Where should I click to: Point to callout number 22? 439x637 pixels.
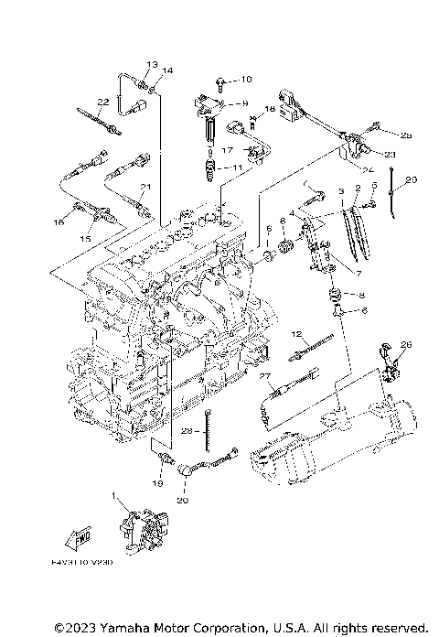(x=103, y=101)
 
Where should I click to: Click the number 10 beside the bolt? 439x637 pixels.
(x=246, y=80)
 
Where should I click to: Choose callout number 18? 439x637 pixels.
(x=270, y=109)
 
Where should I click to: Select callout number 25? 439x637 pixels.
(x=407, y=135)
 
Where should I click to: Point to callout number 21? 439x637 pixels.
(x=144, y=187)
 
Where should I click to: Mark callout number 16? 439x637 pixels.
(x=59, y=221)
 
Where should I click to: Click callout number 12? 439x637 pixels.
(x=297, y=333)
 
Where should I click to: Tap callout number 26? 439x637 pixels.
(x=407, y=344)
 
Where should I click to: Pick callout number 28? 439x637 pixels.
(x=186, y=429)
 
